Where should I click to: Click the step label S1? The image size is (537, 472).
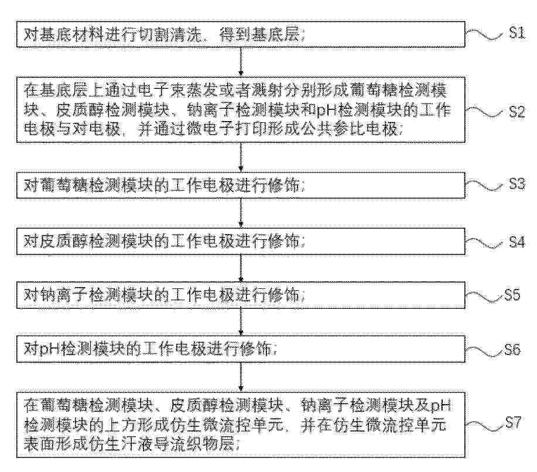[x=517, y=33]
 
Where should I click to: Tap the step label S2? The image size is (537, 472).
[x=517, y=112]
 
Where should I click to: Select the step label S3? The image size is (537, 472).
[x=517, y=184]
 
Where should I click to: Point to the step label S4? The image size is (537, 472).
[x=517, y=242]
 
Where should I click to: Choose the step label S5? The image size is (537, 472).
[x=512, y=295]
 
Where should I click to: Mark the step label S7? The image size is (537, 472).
[x=513, y=423]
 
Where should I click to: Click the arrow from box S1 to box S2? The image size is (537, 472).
[x=241, y=61]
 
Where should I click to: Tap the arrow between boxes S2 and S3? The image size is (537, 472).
[x=241, y=157]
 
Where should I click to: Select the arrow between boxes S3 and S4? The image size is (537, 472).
[x=241, y=213]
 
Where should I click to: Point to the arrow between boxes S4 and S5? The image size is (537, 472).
[x=241, y=268]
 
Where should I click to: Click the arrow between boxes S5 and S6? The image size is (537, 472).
[x=241, y=322]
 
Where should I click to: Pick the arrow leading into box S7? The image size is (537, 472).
[x=241, y=377]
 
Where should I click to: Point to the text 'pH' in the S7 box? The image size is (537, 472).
[x=440, y=406]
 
